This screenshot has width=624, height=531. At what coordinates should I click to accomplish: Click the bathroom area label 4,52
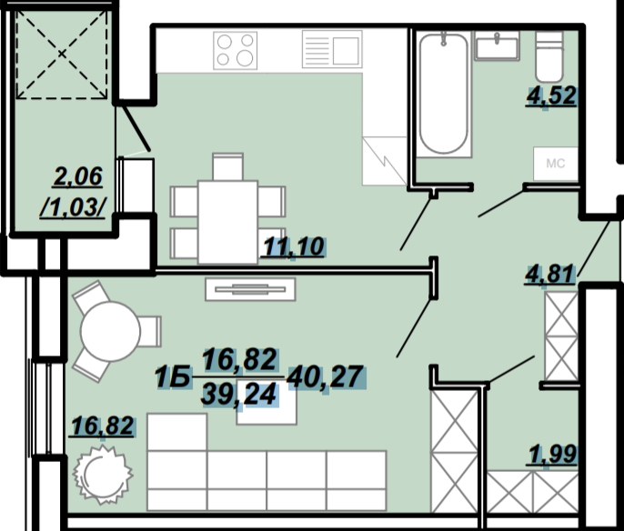[551, 95]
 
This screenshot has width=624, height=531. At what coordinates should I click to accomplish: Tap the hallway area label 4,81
[550, 274]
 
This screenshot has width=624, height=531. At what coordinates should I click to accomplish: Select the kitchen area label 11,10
[293, 246]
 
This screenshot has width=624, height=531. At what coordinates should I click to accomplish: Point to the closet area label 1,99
[553, 454]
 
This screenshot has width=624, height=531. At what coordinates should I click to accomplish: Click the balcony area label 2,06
[78, 176]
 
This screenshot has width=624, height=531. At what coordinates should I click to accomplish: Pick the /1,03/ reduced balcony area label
[73, 207]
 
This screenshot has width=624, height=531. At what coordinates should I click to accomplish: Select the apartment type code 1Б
[172, 377]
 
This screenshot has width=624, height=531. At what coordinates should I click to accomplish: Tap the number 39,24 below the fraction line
[239, 396]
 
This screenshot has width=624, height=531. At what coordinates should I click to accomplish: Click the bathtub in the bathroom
[443, 94]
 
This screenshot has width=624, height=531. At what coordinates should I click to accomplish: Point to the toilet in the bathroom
[549, 56]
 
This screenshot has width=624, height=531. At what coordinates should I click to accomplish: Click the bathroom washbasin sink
[497, 46]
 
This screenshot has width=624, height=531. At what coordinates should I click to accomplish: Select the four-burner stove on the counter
[236, 51]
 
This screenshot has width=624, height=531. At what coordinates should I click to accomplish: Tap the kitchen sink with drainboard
[332, 49]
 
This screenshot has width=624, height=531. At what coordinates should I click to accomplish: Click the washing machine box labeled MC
[556, 164]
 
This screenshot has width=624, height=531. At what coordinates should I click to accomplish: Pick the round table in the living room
[110, 331]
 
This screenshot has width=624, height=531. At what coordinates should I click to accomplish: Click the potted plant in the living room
[103, 475]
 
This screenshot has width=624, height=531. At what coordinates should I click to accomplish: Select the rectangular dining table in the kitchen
[227, 222]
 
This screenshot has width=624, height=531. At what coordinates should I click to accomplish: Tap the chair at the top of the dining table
[227, 166]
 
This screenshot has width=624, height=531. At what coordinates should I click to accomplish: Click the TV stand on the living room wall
[250, 289]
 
